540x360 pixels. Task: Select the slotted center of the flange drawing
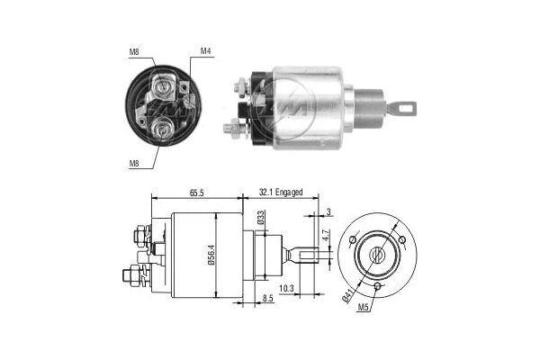(x=379, y=255)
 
